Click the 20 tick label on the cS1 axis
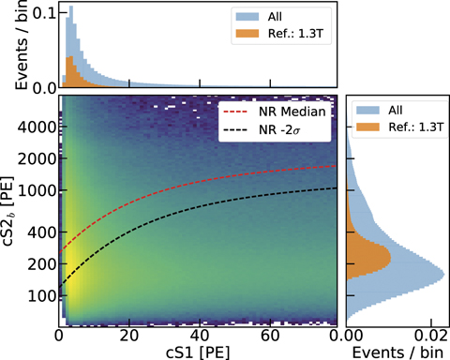pos(128,335)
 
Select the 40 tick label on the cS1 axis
pos(199,335)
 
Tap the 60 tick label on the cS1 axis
pos(268,335)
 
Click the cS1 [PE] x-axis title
pos(197,352)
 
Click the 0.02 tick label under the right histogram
pos(427,335)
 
